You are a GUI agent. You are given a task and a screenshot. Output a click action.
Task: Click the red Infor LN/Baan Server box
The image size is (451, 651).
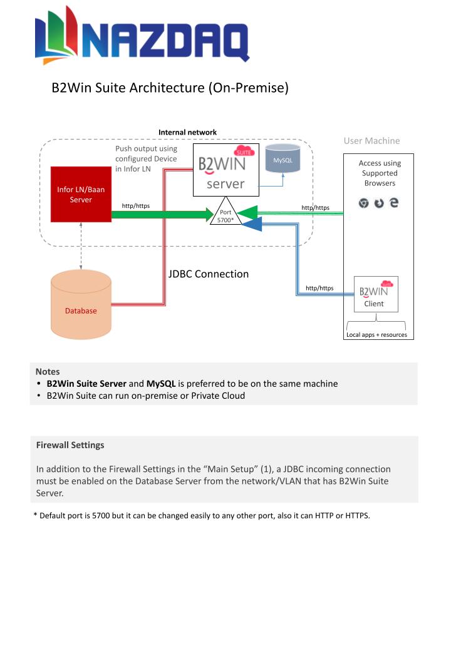point(81,194)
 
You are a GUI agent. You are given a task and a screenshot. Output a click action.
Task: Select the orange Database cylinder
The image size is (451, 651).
point(81,304)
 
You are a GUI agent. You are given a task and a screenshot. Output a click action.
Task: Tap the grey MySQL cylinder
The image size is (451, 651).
point(283,158)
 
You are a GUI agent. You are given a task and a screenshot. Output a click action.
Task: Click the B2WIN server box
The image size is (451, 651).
point(226,170)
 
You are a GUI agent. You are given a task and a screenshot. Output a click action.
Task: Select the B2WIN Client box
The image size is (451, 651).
point(376,294)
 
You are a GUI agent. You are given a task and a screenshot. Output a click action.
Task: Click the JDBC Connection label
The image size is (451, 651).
point(209,274)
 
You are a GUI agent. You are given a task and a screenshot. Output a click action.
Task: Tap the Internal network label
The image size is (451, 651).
point(188,133)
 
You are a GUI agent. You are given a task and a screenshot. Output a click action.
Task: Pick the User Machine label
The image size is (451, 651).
point(371,141)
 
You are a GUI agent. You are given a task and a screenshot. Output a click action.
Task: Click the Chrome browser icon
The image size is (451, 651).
point(364,203)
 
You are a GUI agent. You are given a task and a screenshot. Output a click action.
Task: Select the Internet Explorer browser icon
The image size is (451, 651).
point(394,203)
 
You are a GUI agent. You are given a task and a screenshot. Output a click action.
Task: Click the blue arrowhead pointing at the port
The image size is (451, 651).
point(252,225)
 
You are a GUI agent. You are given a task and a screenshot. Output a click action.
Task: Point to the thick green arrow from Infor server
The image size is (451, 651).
point(163,215)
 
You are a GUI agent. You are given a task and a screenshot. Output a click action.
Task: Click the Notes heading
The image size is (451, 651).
point(48,372)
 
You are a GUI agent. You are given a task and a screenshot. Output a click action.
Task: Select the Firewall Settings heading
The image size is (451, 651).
point(70,445)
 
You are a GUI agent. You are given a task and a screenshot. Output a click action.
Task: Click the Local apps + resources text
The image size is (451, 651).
point(376,335)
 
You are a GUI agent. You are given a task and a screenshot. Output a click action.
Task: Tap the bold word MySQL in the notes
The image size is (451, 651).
point(161,384)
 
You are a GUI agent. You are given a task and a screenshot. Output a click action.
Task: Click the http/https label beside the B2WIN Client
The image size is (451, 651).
point(319,288)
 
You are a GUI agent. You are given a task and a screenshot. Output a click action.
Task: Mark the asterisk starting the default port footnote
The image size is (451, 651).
point(35,515)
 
